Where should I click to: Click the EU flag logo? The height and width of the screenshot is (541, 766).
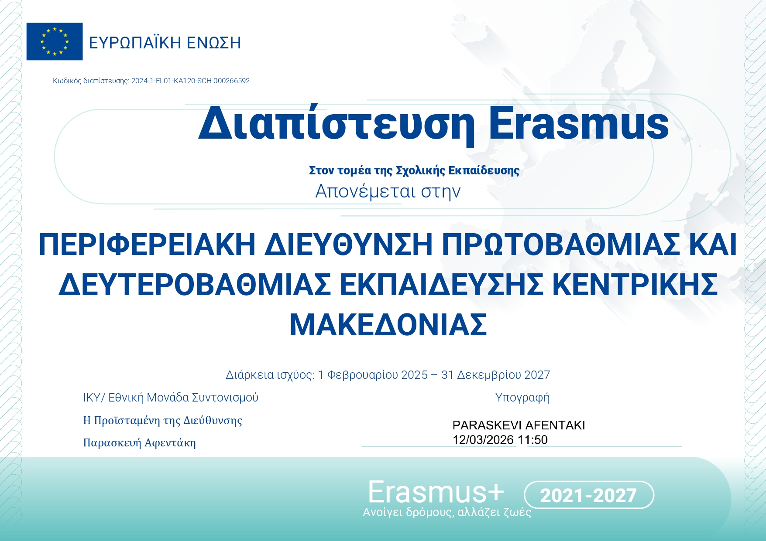[x=55, y=41]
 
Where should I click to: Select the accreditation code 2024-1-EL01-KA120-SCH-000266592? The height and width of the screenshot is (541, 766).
[x=190, y=81]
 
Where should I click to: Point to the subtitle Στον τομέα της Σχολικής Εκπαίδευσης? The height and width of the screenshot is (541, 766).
[x=414, y=170]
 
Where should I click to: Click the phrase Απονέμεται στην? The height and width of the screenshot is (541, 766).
[x=388, y=191]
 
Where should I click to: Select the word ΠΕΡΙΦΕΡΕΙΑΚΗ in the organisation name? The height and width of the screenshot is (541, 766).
[x=147, y=245]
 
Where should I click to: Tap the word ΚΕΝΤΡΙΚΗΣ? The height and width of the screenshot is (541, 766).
[x=635, y=285]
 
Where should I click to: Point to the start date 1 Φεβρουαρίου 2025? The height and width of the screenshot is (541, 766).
[x=373, y=375]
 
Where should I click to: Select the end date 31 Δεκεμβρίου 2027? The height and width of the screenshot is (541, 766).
[x=495, y=375]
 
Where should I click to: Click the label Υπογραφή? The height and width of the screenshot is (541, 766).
[x=522, y=398]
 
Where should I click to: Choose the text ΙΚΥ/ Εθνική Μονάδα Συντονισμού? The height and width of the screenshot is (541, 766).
[x=171, y=398]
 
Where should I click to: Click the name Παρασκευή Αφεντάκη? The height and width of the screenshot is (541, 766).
[x=140, y=443]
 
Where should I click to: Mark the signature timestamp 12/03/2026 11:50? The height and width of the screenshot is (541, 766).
[x=500, y=439]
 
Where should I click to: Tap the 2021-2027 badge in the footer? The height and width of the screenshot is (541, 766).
[x=588, y=495]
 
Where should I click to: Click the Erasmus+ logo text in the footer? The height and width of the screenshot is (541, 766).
[x=436, y=493]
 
